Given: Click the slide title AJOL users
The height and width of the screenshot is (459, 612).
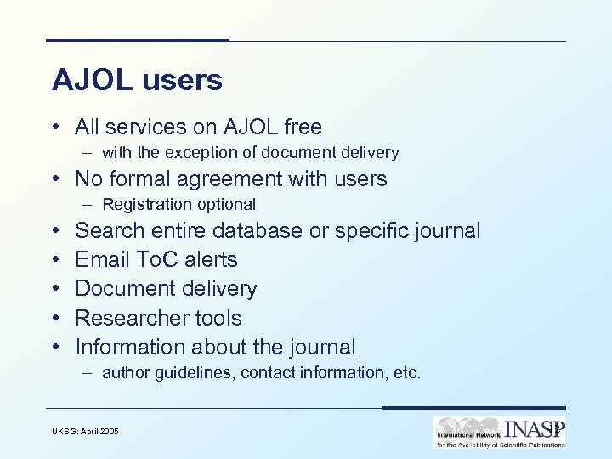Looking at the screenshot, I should [137, 80].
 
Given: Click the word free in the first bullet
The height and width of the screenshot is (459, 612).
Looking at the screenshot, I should [303, 127].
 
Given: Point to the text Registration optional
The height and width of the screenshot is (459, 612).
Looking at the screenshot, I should [178, 204].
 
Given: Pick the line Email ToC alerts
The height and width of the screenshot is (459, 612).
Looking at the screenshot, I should [156, 260].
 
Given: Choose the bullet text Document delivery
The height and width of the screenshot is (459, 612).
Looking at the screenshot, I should [166, 289].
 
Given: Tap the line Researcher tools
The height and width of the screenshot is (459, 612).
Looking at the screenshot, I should [158, 318].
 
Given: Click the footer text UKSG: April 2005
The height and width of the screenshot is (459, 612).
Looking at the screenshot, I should [83, 432].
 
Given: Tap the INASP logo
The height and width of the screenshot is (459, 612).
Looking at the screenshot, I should [499, 432].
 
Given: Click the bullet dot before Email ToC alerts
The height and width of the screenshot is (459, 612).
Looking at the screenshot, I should [54, 260].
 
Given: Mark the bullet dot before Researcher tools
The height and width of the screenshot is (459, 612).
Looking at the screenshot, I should [54, 319].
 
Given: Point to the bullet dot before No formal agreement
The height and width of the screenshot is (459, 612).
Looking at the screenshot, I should [54, 179].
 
